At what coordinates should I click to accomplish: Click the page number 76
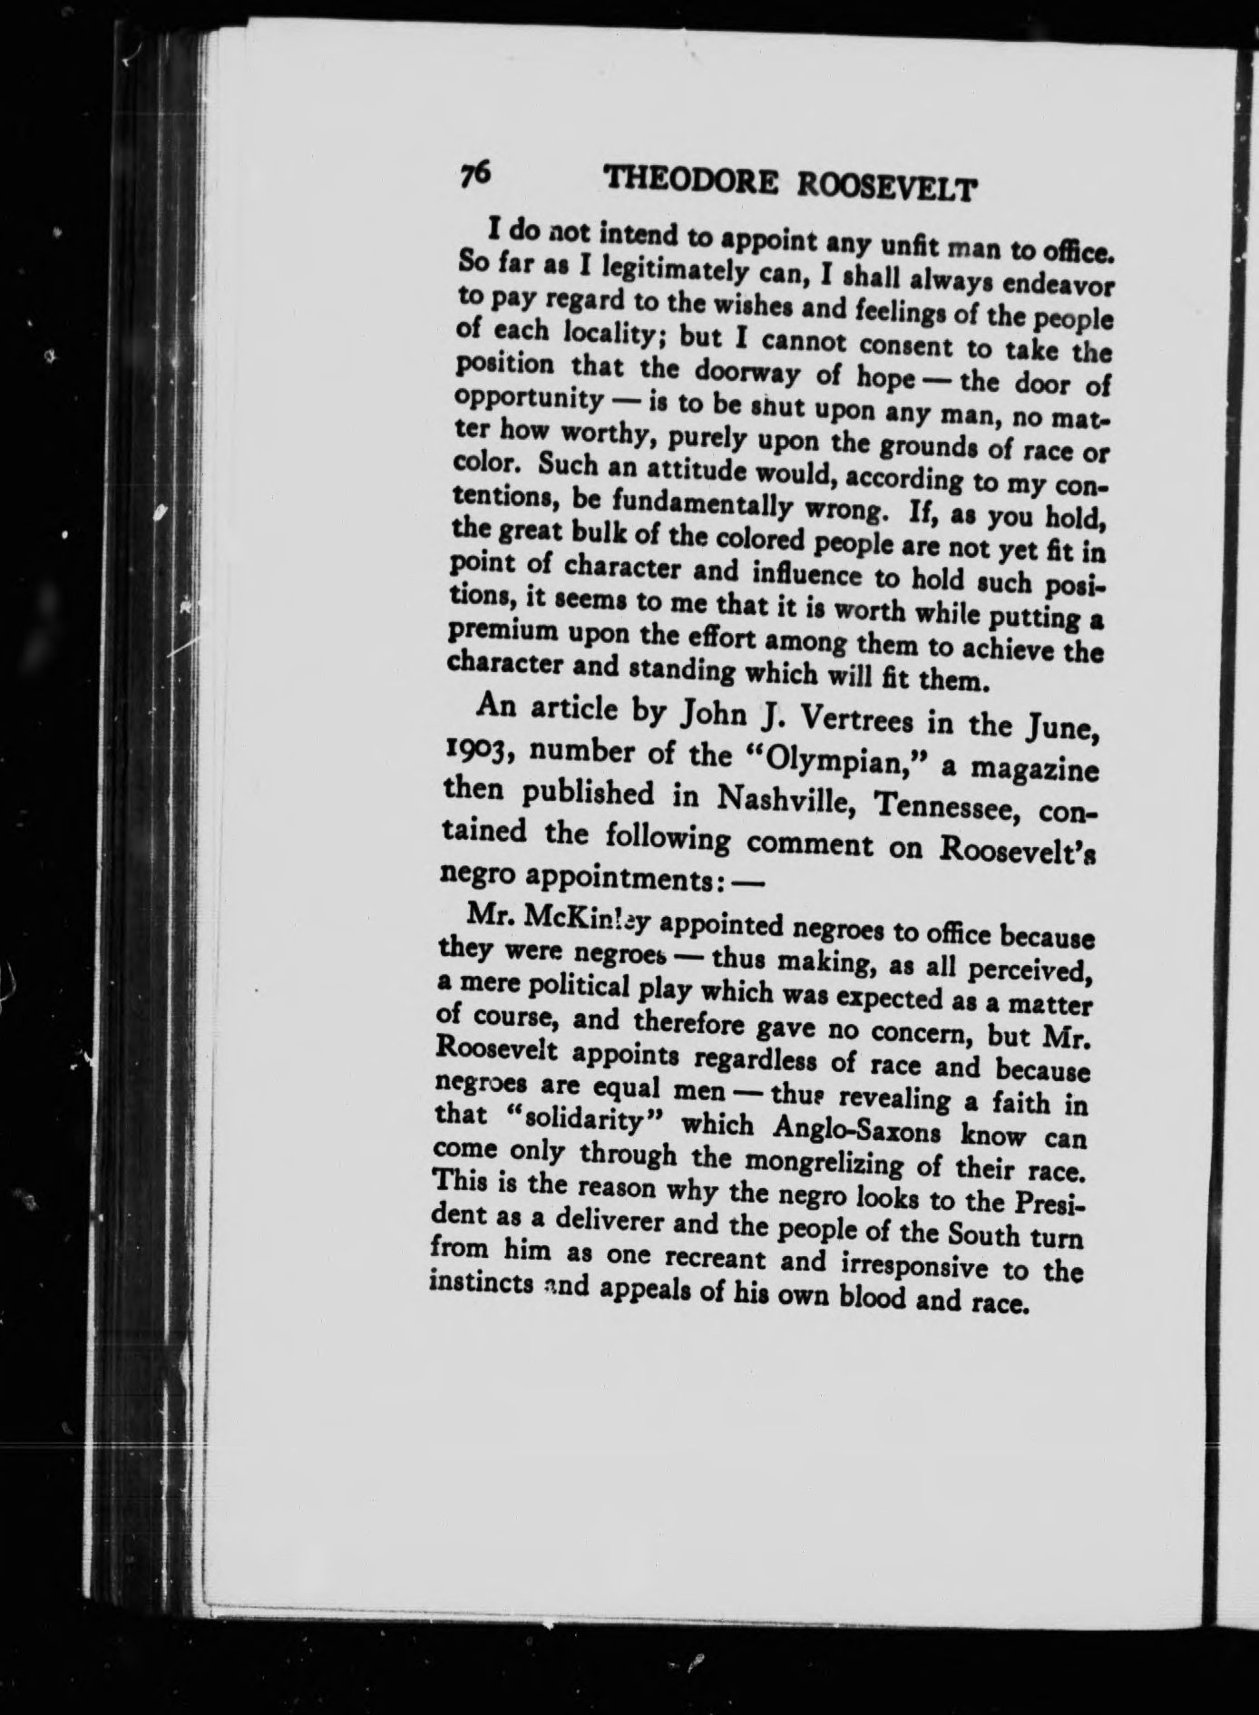(474, 173)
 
